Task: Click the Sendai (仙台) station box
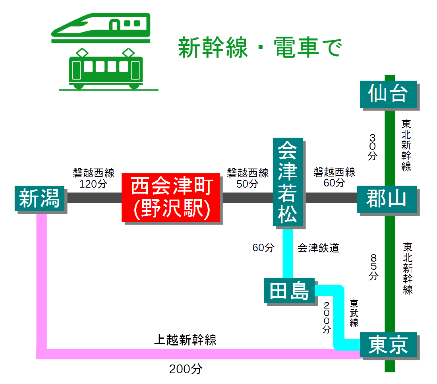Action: pyautogui.click(x=388, y=94)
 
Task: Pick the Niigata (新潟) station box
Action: pyautogui.click(x=39, y=198)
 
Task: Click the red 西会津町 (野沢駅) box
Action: pyautogui.click(x=171, y=198)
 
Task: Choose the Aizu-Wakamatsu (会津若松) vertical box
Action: pyautogui.click(x=288, y=182)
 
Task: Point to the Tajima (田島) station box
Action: pyautogui.click(x=289, y=291)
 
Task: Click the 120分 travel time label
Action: pyautogui.click(x=93, y=184)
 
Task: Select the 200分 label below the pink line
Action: pyautogui.click(x=186, y=369)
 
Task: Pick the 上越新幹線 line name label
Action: pyautogui.click(x=185, y=340)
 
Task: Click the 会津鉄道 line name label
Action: pyautogui.click(x=318, y=248)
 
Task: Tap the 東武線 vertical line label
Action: pyautogui.click(x=353, y=313)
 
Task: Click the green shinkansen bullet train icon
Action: pyautogui.click(x=101, y=28)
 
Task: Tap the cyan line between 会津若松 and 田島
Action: pyautogui.click(x=288, y=254)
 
